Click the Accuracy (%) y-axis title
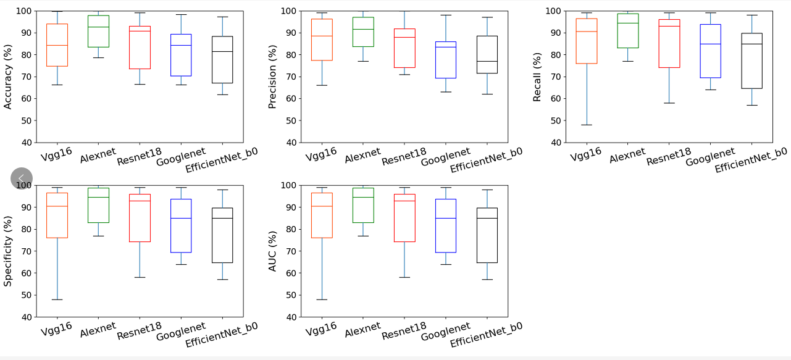point(8,77)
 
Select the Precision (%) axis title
point(272,77)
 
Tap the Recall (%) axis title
point(537,77)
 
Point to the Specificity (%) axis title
point(8,251)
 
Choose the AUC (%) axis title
point(272,251)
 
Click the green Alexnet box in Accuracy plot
point(98,31)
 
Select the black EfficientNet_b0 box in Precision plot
point(487,54)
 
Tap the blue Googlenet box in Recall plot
point(710,51)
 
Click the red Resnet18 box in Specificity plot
point(140,217)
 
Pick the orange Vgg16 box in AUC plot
point(322,215)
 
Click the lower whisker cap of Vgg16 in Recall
point(587,125)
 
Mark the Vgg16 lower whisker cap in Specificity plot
point(57,299)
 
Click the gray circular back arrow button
point(22,178)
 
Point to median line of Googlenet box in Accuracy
point(181,45)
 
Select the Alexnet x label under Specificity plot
point(98,329)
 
